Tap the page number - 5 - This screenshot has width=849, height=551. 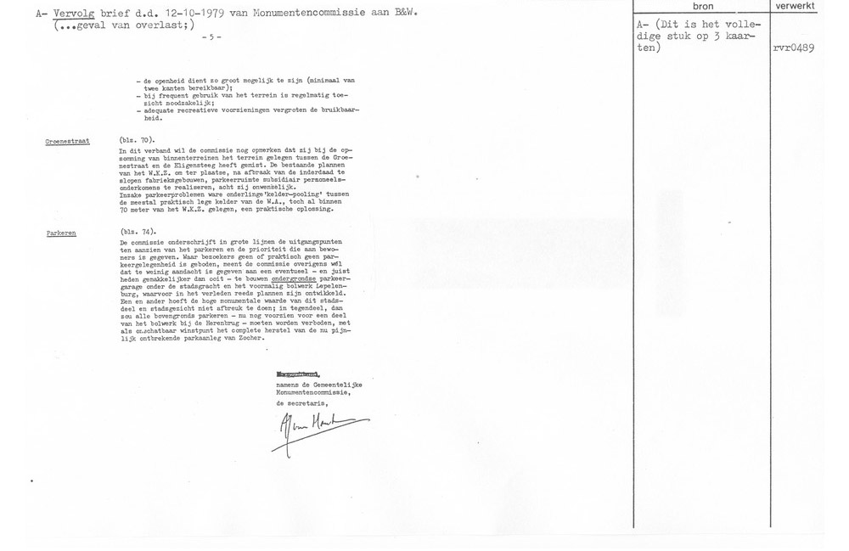pos(212,38)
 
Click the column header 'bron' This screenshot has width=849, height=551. pos(702,6)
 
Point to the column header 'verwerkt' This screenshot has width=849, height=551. pos(796,6)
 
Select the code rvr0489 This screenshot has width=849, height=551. pos(794,48)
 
